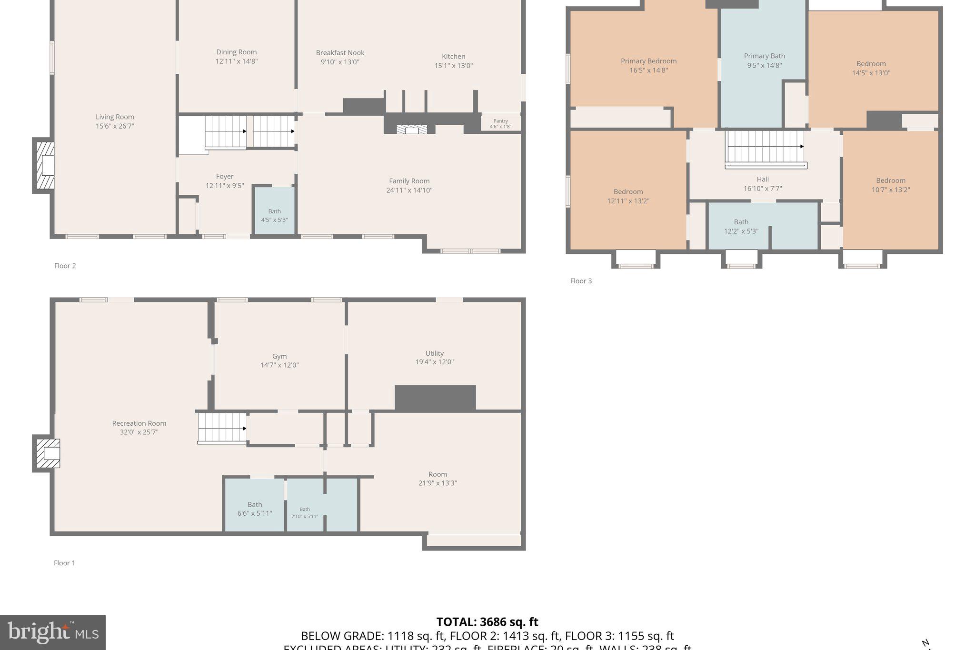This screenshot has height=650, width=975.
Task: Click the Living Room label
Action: [115, 117]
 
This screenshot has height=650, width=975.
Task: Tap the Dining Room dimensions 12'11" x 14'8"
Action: [236, 61]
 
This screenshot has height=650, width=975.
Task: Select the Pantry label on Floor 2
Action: [500, 121]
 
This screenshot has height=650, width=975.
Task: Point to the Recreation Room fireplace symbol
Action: [48, 453]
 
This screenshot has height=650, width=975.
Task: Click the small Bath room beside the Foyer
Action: [274, 211]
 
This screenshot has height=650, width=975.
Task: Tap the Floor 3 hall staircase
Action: [765, 147]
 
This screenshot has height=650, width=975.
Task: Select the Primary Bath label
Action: [764, 56]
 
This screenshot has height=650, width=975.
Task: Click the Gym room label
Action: [279, 356]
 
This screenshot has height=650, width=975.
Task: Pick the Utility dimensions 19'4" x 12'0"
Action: [434, 362]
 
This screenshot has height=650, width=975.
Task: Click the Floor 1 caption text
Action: [64, 563]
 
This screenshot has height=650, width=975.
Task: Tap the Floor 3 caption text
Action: [581, 281]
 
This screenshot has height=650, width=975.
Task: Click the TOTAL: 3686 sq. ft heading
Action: [487, 622]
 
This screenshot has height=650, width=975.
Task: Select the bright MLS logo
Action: [53, 632]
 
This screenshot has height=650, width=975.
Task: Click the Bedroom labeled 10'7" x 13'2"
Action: [890, 185]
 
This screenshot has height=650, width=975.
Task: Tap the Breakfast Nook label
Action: [340, 53]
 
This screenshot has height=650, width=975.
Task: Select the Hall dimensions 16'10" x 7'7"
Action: [763, 189]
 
